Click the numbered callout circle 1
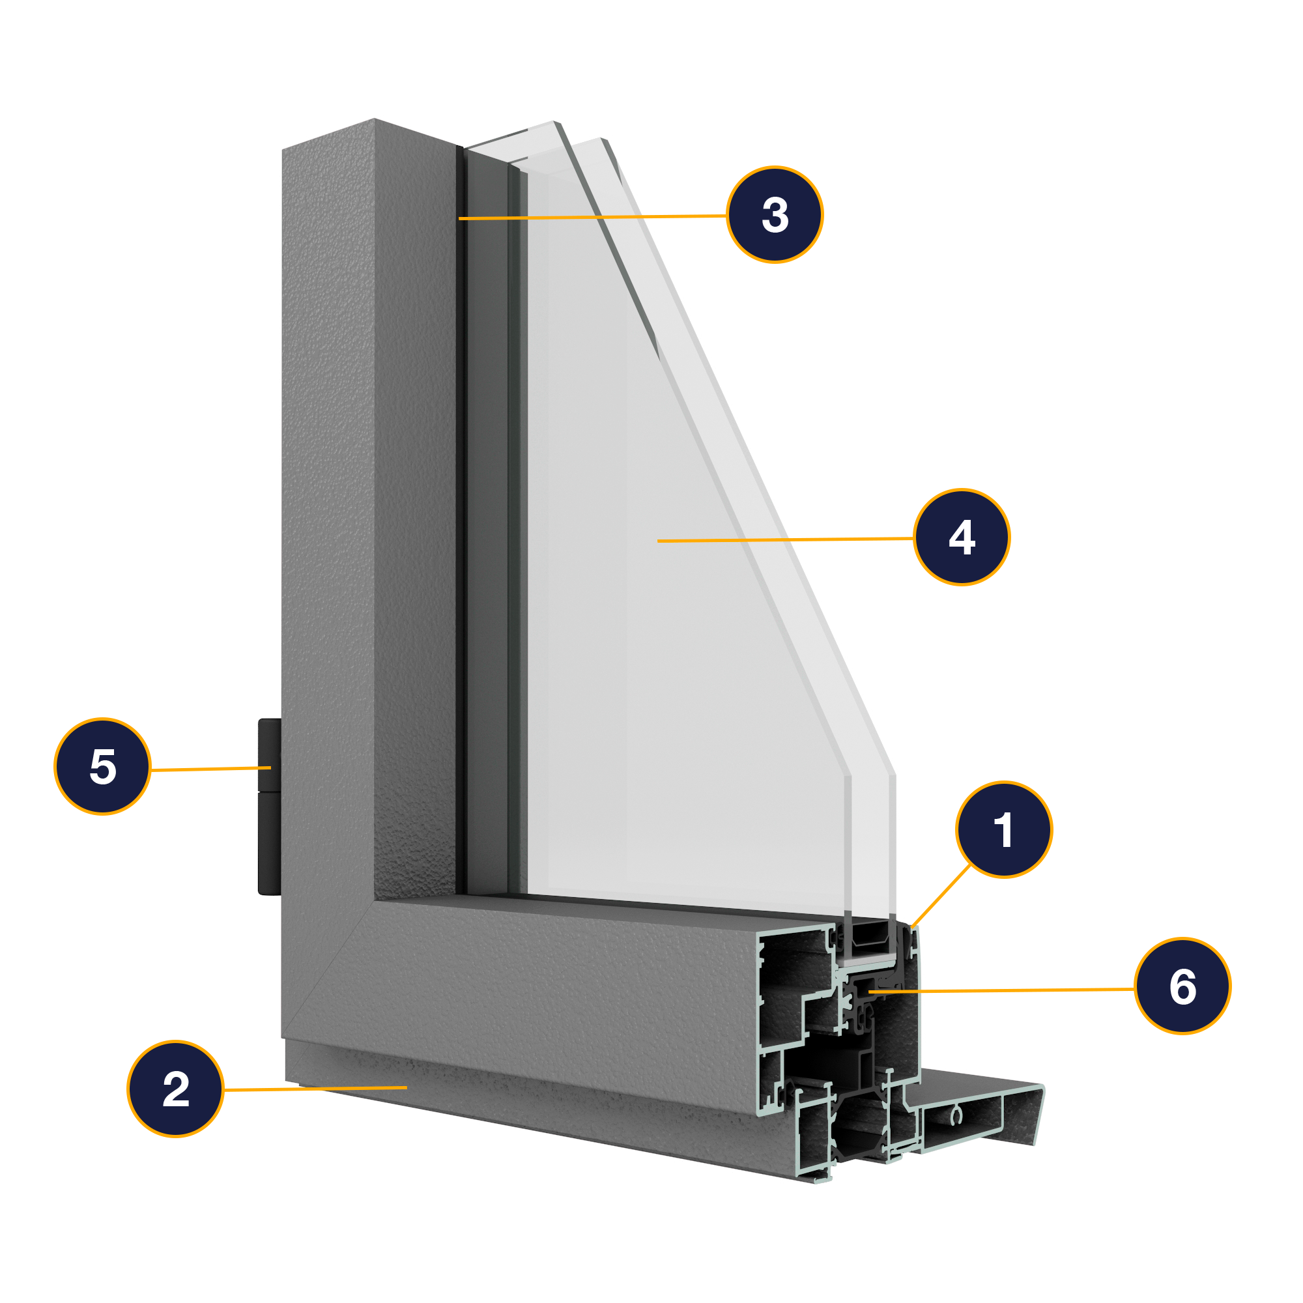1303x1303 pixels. (x=1003, y=829)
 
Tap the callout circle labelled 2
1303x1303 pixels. (x=175, y=1089)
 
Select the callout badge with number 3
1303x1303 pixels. (x=775, y=214)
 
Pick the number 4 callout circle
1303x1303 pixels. (x=962, y=537)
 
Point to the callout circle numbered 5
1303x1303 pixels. (x=102, y=767)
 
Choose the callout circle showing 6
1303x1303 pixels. (x=1182, y=986)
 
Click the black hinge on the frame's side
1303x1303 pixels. (x=270, y=806)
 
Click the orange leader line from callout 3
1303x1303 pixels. (x=594, y=217)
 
